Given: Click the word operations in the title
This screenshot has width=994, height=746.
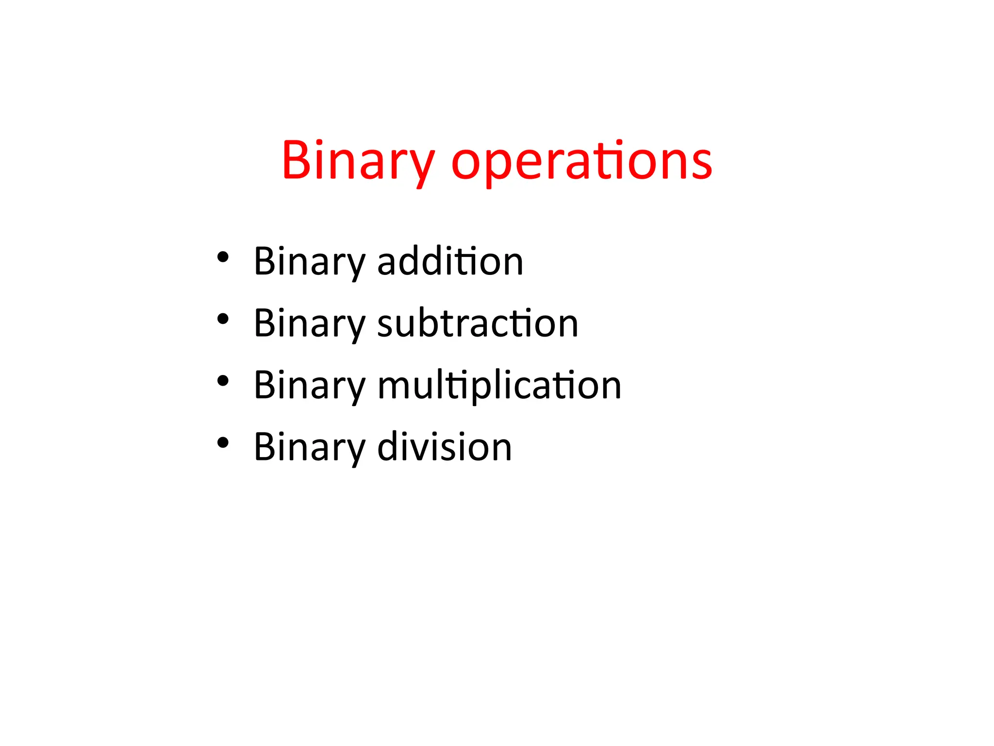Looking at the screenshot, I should [x=581, y=161].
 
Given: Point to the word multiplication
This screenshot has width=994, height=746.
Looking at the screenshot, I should [x=499, y=385].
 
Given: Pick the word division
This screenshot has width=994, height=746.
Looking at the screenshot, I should [x=444, y=447].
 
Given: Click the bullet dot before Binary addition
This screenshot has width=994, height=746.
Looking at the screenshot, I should [x=223, y=257].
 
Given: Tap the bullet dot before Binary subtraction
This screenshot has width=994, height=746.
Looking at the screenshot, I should [x=223, y=319].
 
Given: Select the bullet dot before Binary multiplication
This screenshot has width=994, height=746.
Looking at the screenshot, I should [x=223, y=381].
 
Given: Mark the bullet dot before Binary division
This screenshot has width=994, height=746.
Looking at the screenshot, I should [x=223, y=442].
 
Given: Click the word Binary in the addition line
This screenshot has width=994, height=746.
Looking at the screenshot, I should [x=309, y=262].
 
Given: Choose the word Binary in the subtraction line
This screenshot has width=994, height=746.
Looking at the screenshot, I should [x=309, y=324].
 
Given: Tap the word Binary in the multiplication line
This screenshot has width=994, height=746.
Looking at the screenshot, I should [x=309, y=386].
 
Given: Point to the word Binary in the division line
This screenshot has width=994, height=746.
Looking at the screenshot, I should [x=309, y=447].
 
